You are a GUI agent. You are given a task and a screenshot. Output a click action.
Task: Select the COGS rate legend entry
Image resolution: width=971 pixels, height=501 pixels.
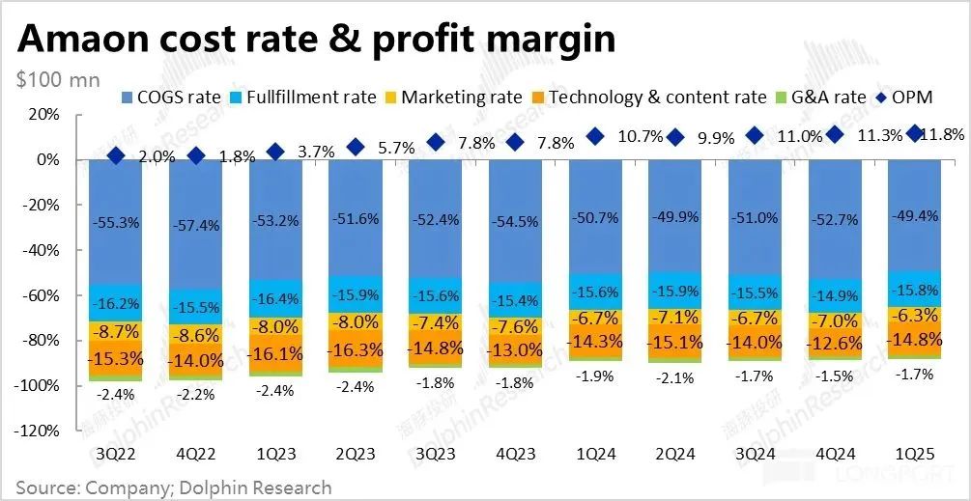coord(173,97)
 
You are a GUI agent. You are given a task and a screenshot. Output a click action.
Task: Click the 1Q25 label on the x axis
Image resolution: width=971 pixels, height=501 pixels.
coord(914,453)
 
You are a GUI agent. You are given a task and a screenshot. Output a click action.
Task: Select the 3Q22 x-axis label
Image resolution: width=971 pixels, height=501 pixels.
coord(116,453)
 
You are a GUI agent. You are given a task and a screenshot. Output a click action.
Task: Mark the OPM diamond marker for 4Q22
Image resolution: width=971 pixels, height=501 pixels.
coord(196,154)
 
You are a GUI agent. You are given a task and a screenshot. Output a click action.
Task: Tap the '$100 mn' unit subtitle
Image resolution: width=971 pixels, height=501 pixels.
coord(59,80)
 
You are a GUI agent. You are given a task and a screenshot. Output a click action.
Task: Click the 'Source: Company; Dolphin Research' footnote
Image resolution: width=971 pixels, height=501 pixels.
coord(174,487)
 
